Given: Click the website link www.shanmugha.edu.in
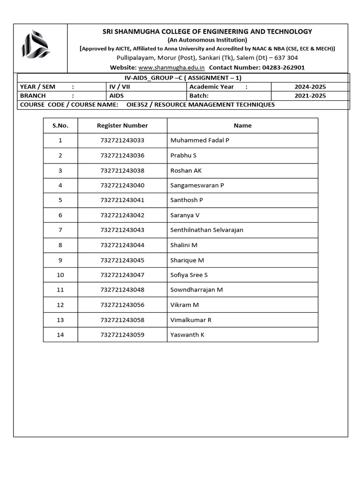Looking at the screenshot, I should pos(172,67).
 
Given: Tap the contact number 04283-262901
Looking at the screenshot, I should pos(283,67).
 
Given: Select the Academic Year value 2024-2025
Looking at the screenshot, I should pos(310,87).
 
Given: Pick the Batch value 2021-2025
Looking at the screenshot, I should pos(310,96).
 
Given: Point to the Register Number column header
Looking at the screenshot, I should pos(122,126).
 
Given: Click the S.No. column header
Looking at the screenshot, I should pos(60,126).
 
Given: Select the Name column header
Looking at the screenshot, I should pos(242,126).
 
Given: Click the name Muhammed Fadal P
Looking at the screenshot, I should pos(200,140).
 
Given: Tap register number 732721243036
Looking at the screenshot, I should pos(122,155).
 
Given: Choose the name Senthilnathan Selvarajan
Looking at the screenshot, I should pos(207,230).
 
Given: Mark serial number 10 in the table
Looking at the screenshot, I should pos(60,275).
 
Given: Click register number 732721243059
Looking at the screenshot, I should pos(122,335).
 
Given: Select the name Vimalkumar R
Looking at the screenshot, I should pos(191,320).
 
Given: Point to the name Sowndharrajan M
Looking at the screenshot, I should pos(196,290).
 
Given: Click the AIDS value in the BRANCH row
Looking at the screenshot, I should pos(117,96).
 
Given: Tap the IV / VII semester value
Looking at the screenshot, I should pos(120,87).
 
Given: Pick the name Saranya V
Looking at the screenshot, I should pos(185,215).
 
